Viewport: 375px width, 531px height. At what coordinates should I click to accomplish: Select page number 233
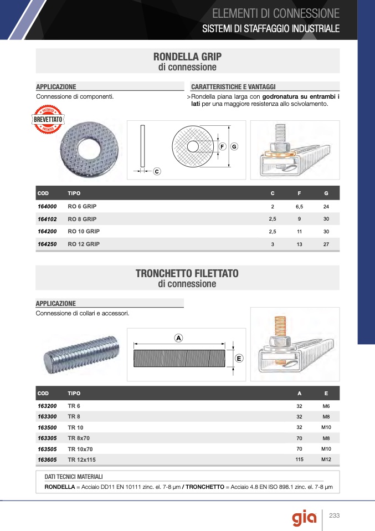click(334, 516)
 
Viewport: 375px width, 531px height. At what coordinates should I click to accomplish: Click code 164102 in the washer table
click(47, 218)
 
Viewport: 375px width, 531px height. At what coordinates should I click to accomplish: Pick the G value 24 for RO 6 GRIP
click(326, 206)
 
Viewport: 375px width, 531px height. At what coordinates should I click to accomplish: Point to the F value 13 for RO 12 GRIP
click(299, 244)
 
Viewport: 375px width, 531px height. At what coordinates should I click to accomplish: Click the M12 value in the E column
click(326, 459)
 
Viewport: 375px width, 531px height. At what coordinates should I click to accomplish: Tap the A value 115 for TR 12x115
click(299, 459)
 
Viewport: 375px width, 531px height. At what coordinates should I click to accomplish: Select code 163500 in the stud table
click(47, 427)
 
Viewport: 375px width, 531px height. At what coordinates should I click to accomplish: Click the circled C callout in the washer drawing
click(157, 172)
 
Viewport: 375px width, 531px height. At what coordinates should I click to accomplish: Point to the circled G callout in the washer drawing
click(234, 146)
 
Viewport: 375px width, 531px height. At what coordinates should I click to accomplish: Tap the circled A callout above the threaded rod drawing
click(178, 338)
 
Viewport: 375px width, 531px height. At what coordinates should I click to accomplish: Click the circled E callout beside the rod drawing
click(239, 358)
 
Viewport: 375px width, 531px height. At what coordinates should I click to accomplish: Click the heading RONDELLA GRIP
click(187, 57)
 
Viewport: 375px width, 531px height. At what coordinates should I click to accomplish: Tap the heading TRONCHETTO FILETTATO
click(187, 274)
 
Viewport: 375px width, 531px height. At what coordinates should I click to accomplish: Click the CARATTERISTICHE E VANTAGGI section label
click(233, 87)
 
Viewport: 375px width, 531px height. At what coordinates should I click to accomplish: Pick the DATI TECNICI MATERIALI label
click(73, 477)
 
